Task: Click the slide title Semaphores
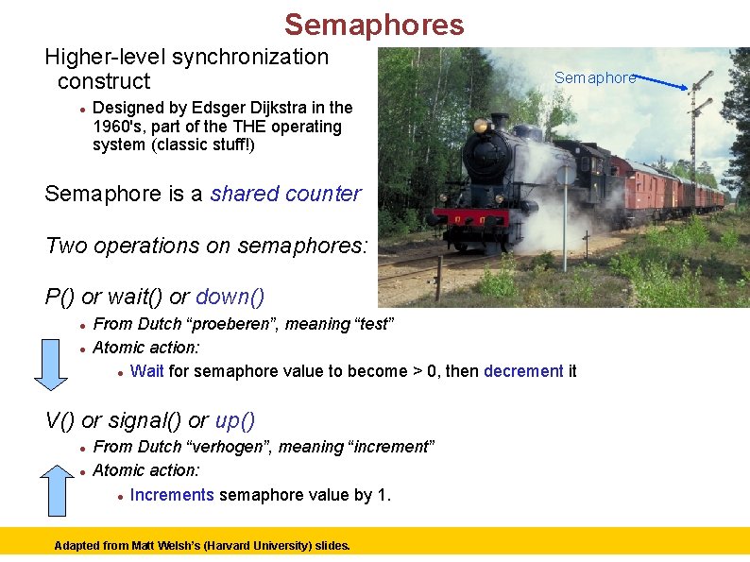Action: coord(374,25)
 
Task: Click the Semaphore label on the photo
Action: coord(594,77)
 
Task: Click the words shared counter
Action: coord(285,194)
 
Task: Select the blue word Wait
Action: coord(147,371)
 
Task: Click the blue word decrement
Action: coord(523,371)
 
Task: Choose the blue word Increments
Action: coord(172,495)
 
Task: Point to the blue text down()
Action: coord(230,297)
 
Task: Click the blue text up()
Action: coord(235,420)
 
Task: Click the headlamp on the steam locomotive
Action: coord(481,125)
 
